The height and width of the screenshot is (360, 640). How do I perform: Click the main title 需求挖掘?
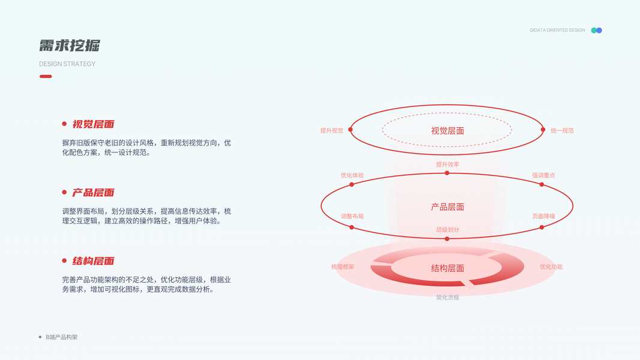(x=70, y=46)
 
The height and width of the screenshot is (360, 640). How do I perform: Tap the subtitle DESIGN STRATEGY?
(x=67, y=64)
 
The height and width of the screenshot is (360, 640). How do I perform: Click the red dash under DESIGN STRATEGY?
(x=46, y=76)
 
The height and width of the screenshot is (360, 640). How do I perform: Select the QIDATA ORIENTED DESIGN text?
(x=557, y=30)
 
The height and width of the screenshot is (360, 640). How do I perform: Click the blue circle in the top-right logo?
(x=599, y=30)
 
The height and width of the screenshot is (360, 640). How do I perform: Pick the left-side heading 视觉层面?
(x=93, y=124)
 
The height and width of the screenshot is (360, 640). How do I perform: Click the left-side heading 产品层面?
(x=93, y=193)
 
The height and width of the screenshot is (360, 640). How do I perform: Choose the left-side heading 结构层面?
(x=93, y=261)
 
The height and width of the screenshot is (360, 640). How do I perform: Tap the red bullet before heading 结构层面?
(x=64, y=260)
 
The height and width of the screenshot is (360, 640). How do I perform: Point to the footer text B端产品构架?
(x=62, y=337)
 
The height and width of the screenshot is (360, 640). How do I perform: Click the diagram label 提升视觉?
(x=331, y=130)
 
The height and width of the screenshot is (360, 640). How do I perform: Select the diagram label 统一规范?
(x=562, y=130)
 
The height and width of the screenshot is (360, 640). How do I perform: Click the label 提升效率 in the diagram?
(x=447, y=164)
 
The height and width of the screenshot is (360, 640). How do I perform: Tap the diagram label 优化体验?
(x=352, y=175)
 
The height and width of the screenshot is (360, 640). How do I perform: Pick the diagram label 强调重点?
(x=543, y=175)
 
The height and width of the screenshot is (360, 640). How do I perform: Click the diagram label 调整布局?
(x=352, y=216)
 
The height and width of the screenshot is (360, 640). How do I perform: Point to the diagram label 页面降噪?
(x=543, y=216)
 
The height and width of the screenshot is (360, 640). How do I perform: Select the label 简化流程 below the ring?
(x=447, y=298)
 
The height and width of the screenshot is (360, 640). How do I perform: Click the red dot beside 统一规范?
(x=543, y=130)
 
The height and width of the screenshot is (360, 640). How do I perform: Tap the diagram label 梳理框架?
(x=342, y=266)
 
